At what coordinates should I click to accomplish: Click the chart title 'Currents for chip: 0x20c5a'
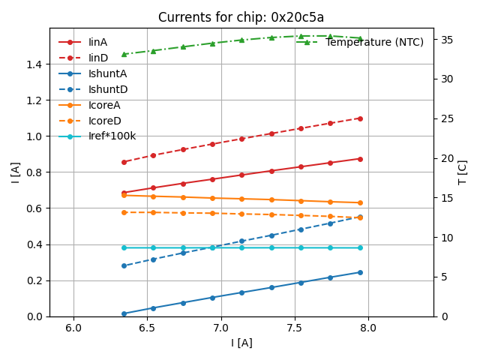(241, 17)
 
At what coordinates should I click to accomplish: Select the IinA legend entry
(97, 42)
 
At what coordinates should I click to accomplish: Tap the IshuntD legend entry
(108, 89)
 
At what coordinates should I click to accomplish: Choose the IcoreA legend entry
(104, 105)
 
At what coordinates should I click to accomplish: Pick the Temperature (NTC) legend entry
(374, 42)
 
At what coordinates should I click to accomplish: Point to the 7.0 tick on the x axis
(221, 328)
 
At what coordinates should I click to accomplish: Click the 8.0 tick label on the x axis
(369, 328)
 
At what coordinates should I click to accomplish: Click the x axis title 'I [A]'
(241, 343)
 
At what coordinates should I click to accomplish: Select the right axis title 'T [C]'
(463, 172)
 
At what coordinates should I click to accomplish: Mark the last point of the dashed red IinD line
(360, 118)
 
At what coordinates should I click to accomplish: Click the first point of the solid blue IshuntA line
(124, 313)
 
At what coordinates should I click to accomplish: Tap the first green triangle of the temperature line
(124, 54)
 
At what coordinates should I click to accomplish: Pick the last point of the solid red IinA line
(360, 158)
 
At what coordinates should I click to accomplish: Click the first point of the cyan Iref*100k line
(124, 247)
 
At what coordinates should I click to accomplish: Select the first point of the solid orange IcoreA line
(124, 195)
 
